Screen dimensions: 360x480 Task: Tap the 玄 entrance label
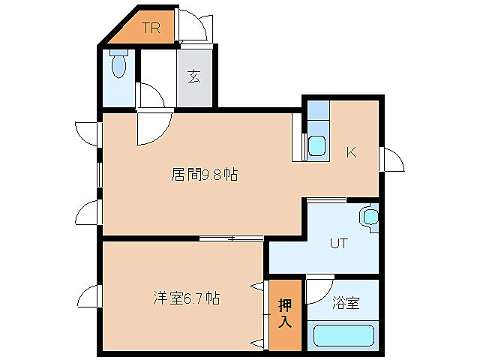[194, 76]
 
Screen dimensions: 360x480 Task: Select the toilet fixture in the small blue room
[118, 65]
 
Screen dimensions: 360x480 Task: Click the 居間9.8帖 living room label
[205, 175]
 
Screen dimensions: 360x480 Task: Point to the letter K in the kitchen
[350, 153]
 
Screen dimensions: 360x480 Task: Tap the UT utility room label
[339, 243]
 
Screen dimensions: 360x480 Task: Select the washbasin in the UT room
[370, 217]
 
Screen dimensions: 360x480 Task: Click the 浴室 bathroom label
[346, 304]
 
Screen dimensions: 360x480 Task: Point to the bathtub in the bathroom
[342, 334]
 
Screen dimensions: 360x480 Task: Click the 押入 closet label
[285, 314]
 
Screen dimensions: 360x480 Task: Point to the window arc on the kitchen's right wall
[393, 160]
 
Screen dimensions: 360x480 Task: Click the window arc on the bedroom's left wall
[88, 297]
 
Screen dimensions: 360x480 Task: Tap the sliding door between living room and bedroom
[231, 238]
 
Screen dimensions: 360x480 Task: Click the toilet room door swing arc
[151, 95]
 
